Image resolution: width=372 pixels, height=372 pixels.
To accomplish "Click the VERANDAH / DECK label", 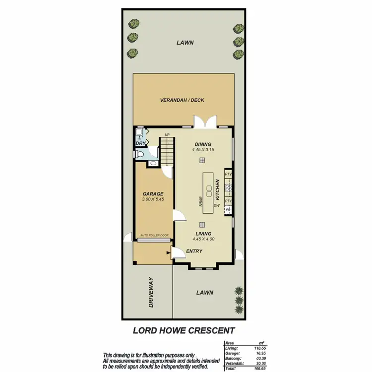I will [x=182, y=100].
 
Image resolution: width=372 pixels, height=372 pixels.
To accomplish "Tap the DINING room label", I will [x=203, y=144].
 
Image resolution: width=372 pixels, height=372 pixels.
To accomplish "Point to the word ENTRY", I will [x=194, y=251].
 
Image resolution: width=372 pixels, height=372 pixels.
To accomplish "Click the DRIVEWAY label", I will [x=151, y=293].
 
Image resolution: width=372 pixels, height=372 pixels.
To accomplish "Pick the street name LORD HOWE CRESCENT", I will [x=184, y=330].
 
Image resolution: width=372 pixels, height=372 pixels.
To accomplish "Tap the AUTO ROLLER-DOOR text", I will [x=154, y=235].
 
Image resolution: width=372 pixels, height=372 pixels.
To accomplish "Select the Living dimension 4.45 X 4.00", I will [x=203, y=239].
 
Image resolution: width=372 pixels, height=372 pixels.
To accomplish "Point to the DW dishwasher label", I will [x=216, y=205].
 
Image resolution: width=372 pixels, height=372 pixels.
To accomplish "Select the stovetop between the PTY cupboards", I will [x=228, y=187].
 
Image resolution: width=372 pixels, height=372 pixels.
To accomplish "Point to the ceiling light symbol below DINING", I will [x=202, y=160].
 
